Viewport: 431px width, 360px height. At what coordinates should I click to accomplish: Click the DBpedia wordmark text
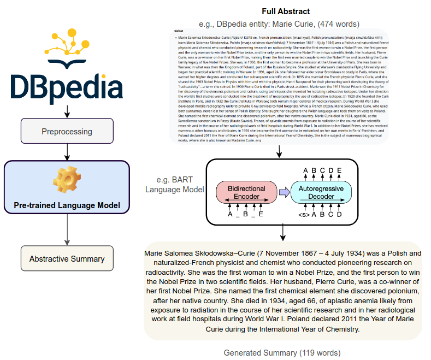[67, 88]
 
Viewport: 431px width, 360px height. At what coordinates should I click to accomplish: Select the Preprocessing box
[67, 132]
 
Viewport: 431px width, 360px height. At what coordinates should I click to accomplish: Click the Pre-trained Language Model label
[67, 206]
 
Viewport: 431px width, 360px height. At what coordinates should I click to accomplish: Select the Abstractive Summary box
[67, 258]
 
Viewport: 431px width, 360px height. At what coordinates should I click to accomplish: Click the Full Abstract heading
[286, 11]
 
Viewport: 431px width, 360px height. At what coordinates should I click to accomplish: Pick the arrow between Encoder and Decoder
[284, 192]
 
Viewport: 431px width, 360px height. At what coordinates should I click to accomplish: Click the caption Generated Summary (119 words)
[282, 352]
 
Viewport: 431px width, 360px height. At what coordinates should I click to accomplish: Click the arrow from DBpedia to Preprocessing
[67, 111]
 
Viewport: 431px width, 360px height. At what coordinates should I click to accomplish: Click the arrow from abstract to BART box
[280, 151]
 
